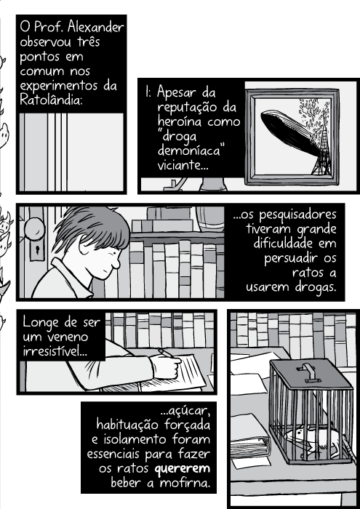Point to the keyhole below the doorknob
tap(33, 257)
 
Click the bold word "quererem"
tap(179, 468)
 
